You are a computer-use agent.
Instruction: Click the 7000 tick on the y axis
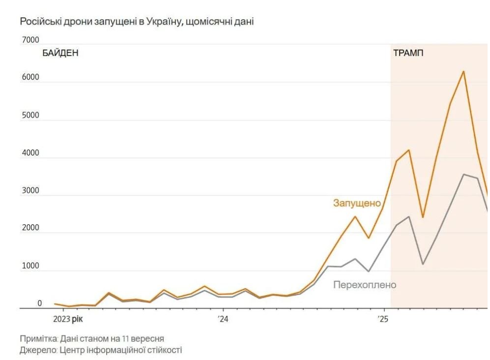(30, 40)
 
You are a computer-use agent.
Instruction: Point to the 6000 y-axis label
(30, 78)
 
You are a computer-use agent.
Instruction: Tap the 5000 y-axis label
(30, 116)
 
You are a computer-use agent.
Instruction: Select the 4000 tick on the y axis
(30, 153)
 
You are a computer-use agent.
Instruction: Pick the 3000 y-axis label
(30, 191)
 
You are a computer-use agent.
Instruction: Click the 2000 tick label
(30, 228)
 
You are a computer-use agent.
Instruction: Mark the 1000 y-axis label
(30, 266)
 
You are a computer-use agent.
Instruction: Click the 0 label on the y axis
(40, 303)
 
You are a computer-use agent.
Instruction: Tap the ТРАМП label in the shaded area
(408, 53)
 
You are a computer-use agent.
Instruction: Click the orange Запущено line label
(357, 203)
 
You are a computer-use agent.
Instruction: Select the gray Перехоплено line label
(364, 285)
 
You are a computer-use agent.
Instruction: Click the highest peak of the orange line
(463, 72)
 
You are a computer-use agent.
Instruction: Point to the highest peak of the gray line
(463, 174)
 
